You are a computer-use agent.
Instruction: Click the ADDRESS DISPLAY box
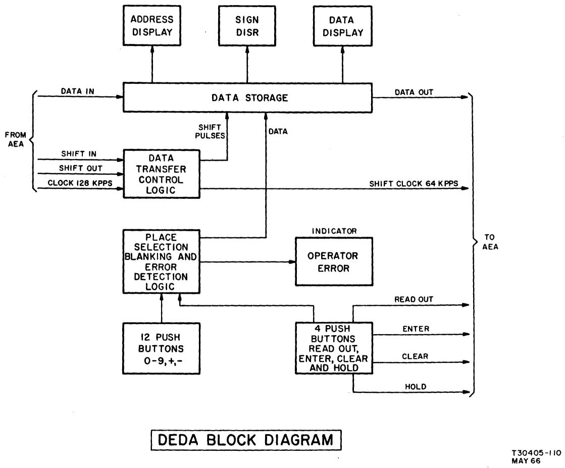[152, 26]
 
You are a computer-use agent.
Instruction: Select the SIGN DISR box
[247, 26]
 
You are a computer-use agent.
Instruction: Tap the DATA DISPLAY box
[342, 26]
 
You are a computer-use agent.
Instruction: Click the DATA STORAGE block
[247, 98]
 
